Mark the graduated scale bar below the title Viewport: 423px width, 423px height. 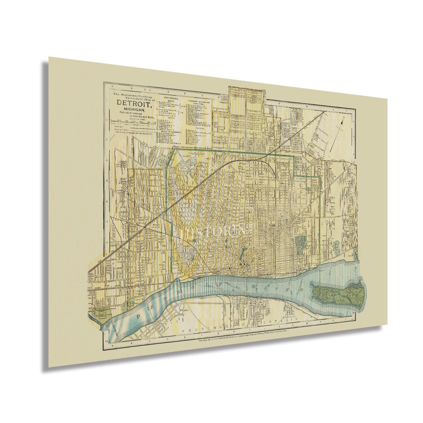(133, 121)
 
